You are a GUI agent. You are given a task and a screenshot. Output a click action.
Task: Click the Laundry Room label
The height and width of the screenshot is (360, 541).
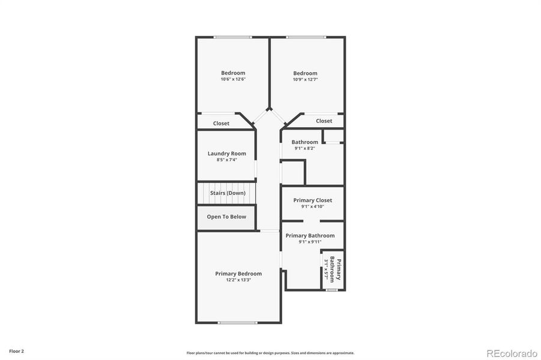click(227, 154)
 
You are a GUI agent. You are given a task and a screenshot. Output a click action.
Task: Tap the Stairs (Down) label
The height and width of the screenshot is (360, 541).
click(228, 193)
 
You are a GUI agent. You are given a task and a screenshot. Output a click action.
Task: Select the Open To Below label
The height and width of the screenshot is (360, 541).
click(226, 217)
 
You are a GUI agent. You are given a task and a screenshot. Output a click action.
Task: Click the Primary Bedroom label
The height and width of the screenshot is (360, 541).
click(238, 274)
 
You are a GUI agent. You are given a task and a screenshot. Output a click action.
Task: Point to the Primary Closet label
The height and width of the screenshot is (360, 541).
click(312, 200)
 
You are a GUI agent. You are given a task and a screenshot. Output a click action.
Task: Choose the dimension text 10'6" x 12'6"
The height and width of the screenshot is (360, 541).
click(233, 79)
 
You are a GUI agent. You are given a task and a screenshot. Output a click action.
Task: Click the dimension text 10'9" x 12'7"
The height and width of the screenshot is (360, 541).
click(305, 79)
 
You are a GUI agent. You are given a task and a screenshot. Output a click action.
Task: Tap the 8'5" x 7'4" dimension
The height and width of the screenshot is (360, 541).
click(227, 160)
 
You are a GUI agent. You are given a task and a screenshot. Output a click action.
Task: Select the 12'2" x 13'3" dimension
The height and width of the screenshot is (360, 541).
click(238, 280)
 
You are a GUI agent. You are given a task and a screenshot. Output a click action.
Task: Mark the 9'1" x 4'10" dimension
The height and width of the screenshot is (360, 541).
click(312, 207)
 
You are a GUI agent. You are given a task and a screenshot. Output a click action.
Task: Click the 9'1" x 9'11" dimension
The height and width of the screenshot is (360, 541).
click(310, 242)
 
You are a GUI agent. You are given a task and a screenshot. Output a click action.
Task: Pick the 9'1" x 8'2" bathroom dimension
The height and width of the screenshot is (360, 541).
click(304, 148)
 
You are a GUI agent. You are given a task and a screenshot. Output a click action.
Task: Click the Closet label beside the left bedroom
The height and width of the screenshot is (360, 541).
click(221, 124)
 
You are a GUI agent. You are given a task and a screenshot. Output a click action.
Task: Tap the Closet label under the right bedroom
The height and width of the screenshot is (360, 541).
click(324, 121)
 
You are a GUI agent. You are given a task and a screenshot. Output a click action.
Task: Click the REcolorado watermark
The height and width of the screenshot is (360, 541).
click(512, 352)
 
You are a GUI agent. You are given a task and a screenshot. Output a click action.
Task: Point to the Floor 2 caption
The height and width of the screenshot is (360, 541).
click(16, 350)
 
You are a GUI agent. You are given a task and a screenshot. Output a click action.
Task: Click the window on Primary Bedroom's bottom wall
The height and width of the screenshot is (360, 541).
click(238, 323)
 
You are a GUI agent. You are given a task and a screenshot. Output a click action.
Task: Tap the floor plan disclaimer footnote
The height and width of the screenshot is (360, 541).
click(270, 353)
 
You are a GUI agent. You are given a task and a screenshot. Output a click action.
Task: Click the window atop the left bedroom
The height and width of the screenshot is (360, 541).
click(233, 37)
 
